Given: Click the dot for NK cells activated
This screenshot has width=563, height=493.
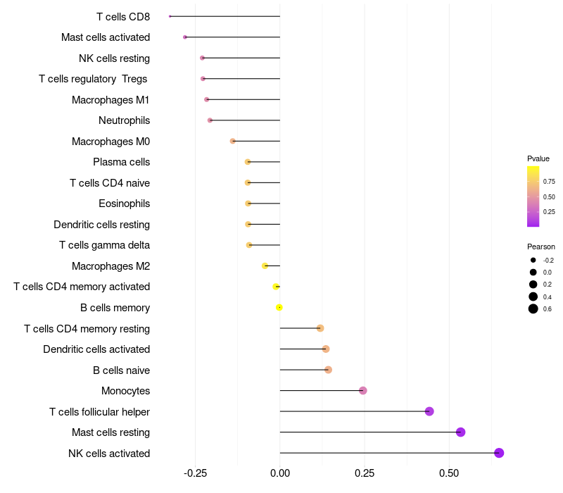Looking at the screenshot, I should pos(499,453).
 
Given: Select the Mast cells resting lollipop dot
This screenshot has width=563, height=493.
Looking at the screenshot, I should pos(461,432).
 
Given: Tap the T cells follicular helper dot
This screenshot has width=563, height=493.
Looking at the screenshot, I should pos(429,411).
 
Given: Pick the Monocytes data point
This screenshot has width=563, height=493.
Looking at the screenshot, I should pos(363,391).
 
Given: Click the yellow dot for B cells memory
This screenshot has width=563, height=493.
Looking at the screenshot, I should pos(279,308).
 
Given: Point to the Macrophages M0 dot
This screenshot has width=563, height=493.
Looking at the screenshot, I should pos(233,141).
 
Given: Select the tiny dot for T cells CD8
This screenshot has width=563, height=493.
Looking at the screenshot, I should pos(170,16).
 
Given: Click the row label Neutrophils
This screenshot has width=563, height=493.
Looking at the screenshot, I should pos(124,120).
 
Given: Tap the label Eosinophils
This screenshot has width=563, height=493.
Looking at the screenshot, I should pos(124,204).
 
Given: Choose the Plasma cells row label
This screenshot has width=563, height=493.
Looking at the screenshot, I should pos(121,162).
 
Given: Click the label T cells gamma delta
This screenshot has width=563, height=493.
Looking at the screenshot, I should pos(104,245).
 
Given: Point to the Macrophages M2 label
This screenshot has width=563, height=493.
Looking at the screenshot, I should pos(110,266).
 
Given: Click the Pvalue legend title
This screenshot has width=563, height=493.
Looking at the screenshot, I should pos(538,158).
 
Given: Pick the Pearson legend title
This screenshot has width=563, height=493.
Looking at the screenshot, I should pos(540,246).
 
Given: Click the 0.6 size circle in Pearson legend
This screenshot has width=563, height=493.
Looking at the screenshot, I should pos(533,308).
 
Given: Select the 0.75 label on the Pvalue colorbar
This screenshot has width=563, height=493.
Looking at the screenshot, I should pos(549,181).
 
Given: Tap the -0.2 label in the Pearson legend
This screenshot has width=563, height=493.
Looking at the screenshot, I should pos(548,261).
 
